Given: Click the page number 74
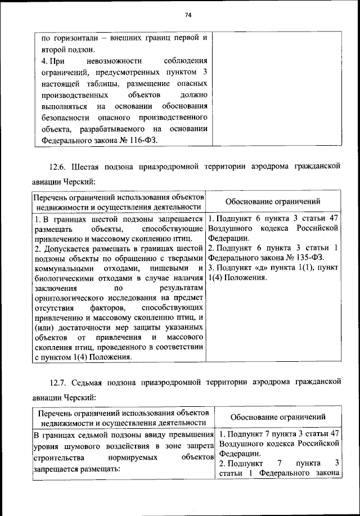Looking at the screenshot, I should coord(188,15).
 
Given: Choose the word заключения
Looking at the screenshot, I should coord(53,289).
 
